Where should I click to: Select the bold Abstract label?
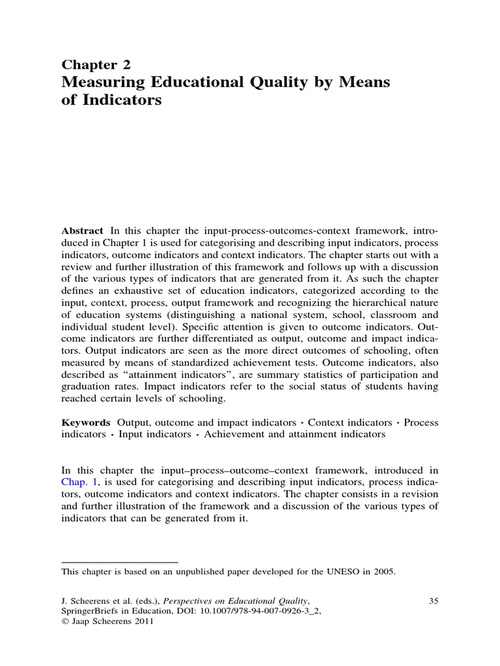82,231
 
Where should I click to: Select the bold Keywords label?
86,422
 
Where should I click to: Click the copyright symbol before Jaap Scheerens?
64,621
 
